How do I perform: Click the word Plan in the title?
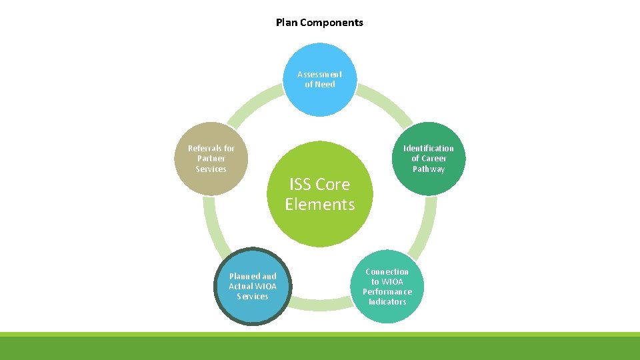click(287, 23)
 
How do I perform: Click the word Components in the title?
click(331, 23)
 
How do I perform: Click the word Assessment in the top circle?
click(320, 74)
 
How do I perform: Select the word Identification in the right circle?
click(428, 148)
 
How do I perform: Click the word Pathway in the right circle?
click(428, 169)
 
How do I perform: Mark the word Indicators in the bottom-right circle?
click(387, 302)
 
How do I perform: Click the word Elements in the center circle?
click(320, 205)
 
